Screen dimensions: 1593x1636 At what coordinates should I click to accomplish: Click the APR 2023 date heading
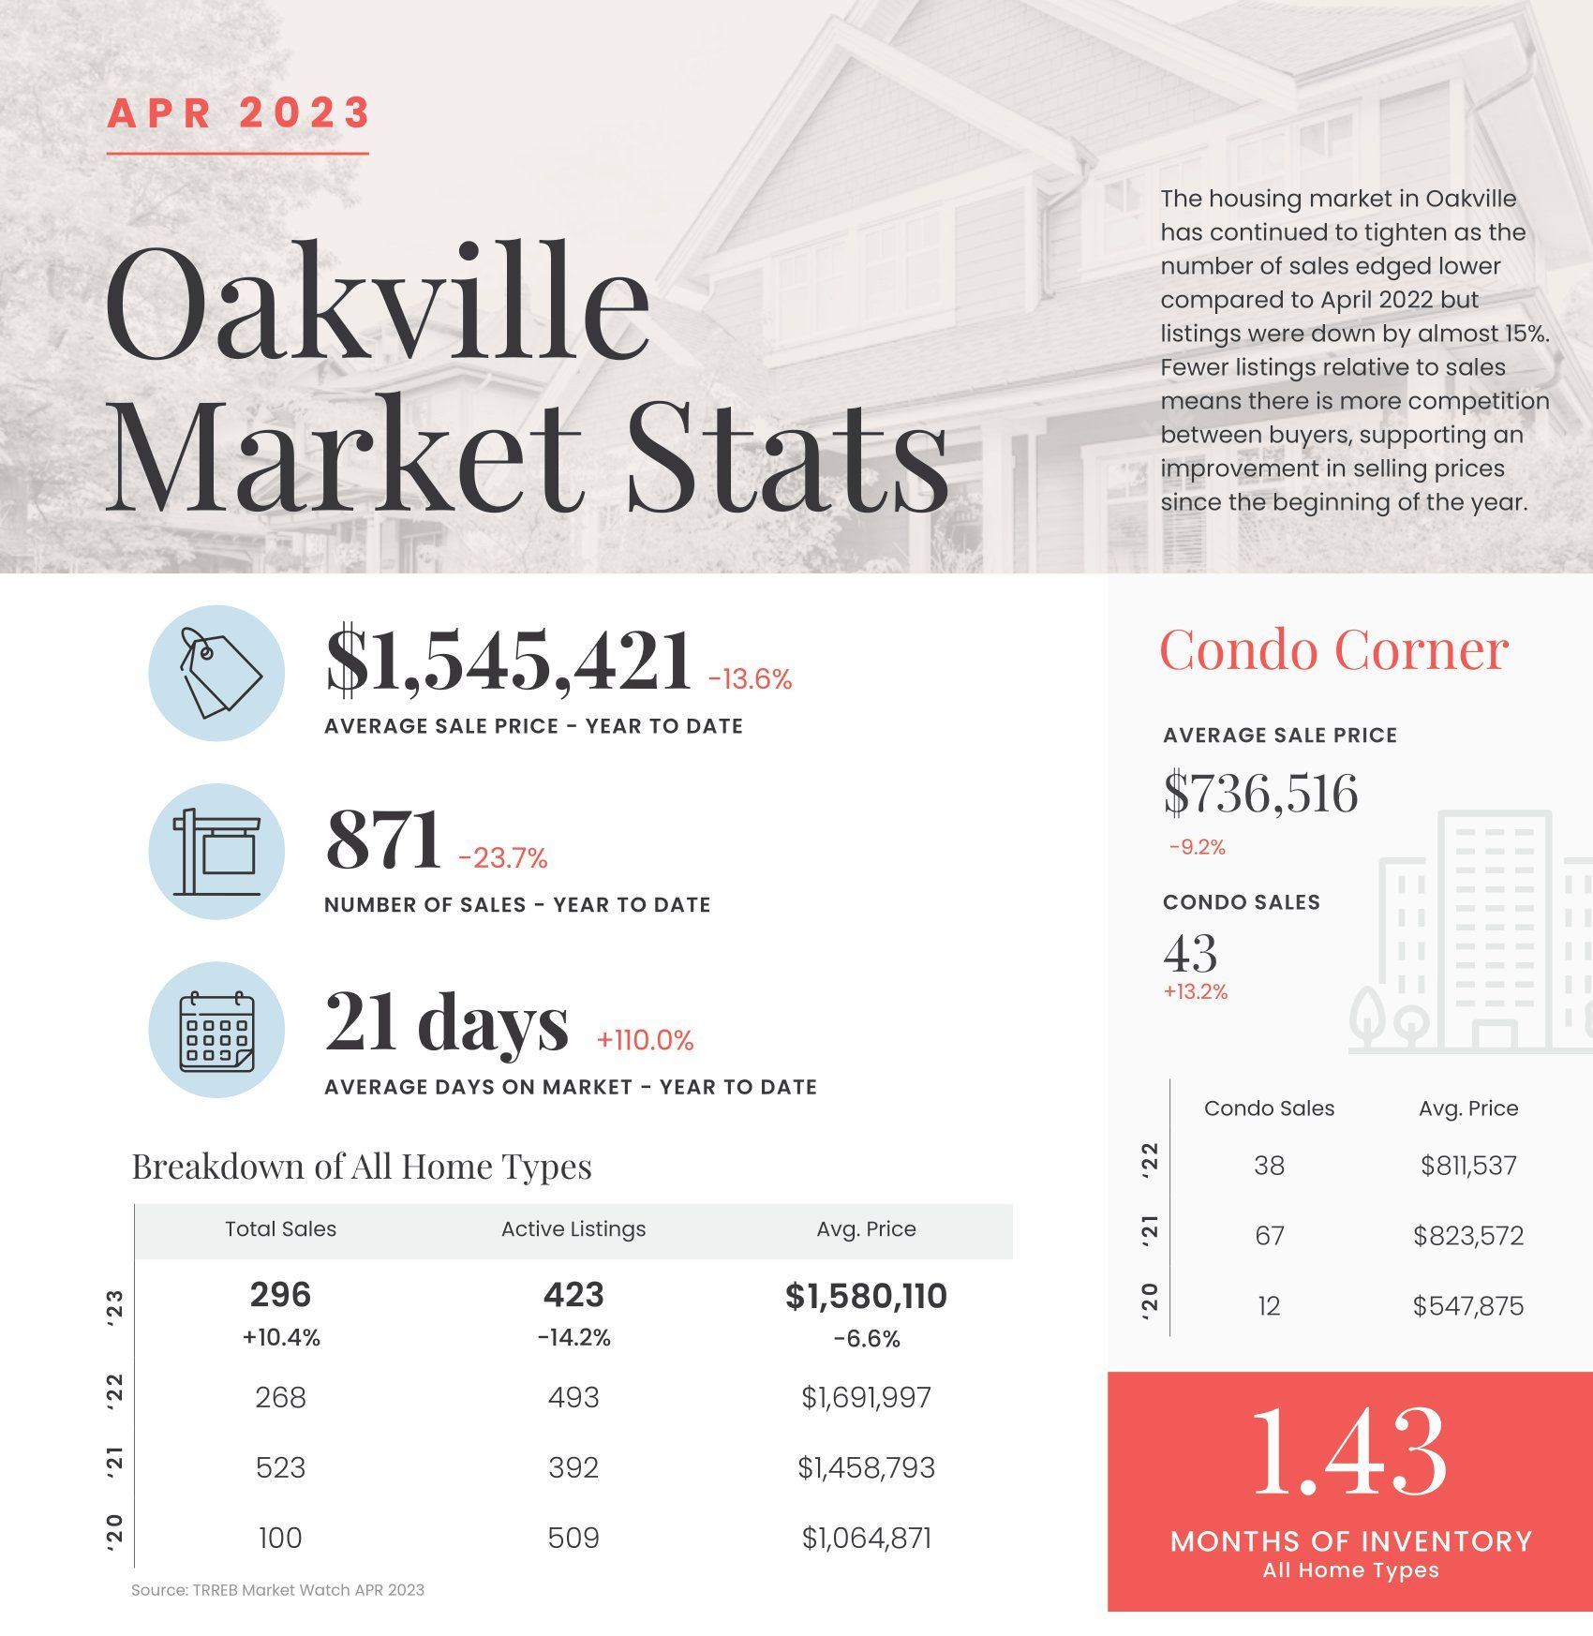[239, 113]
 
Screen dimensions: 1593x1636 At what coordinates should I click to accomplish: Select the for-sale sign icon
[217, 851]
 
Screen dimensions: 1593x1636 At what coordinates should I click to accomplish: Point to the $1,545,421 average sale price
[509, 661]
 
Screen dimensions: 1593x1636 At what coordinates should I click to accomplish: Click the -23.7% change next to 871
[503, 858]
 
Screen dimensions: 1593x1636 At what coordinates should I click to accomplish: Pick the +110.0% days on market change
[646, 1040]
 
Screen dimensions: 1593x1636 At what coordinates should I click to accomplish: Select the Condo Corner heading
[1333, 649]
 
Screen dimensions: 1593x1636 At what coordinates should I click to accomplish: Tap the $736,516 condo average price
[1260, 793]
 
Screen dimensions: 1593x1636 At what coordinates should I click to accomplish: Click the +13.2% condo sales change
[1196, 991]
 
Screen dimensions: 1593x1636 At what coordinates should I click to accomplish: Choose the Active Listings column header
[573, 1229]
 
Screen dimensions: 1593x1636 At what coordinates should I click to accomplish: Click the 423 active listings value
[573, 1295]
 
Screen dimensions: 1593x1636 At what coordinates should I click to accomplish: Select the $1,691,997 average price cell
[867, 1397]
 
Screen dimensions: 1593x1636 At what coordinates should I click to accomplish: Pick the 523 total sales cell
[280, 1467]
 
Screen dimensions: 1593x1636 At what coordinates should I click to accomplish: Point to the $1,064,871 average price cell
[867, 1538]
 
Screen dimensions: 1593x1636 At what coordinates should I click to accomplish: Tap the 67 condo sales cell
[1270, 1236]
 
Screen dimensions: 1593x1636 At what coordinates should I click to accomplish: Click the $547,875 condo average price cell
[1468, 1306]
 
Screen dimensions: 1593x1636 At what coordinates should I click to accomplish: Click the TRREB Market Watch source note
[277, 1590]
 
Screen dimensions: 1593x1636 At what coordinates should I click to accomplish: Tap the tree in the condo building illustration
[1369, 1018]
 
